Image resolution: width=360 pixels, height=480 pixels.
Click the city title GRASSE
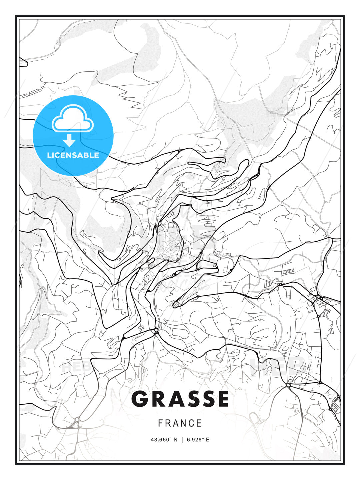click(x=180, y=399)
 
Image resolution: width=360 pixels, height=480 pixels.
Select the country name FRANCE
click(x=180, y=423)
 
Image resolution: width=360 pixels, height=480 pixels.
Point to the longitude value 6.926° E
click(x=198, y=440)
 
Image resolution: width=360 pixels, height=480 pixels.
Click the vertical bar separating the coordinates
click(x=182, y=440)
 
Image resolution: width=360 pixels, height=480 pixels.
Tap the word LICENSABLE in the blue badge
click(x=73, y=155)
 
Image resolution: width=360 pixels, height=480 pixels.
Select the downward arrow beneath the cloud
click(x=69, y=140)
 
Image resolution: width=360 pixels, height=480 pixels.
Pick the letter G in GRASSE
click(x=140, y=399)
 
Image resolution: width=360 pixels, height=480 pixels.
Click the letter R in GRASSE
click(x=158, y=399)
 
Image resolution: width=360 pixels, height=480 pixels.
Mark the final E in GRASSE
click(x=222, y=399)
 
